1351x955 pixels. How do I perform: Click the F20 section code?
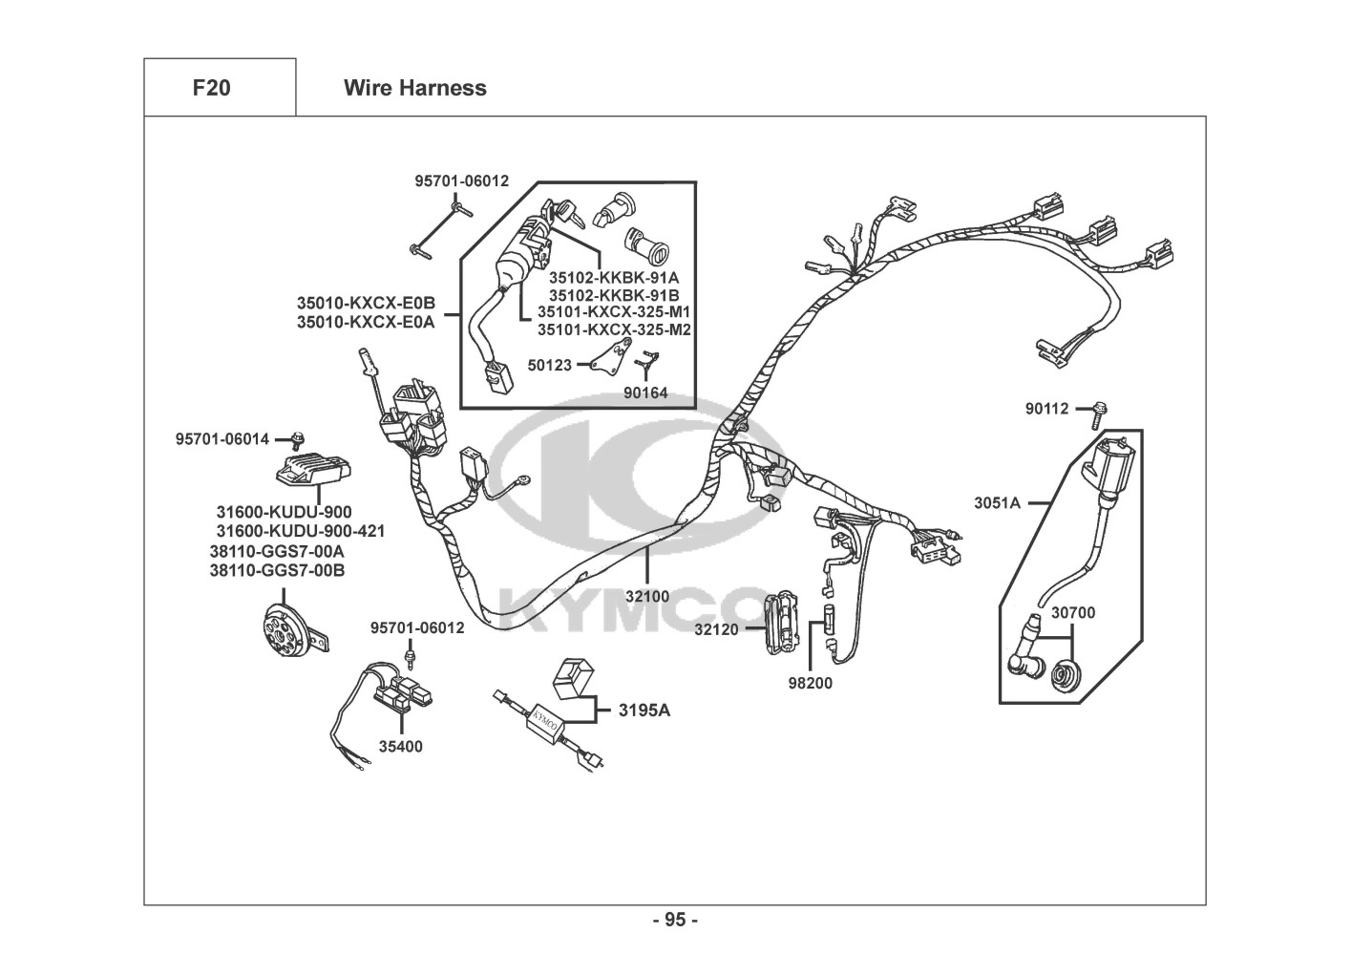point(211,88)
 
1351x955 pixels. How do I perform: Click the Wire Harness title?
point(415,88)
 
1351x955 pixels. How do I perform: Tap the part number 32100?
point(647,597)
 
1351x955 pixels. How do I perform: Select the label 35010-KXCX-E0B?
point(366,303)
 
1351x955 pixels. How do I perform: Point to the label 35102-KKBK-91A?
point(613,278)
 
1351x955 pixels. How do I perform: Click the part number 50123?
point(549,365)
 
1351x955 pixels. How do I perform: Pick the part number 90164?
point(645,393)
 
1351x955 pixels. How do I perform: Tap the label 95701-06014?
point(222,439)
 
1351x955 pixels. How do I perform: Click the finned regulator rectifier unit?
point(313,469)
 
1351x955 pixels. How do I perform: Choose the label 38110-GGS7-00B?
point(278,570)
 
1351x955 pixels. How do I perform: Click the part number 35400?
point(400,746)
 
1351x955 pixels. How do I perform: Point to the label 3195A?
point(644,711)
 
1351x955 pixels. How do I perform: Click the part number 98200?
point(810,684)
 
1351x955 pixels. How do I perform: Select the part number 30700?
point(1073,613)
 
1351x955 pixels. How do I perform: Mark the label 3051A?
point(997,502)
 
